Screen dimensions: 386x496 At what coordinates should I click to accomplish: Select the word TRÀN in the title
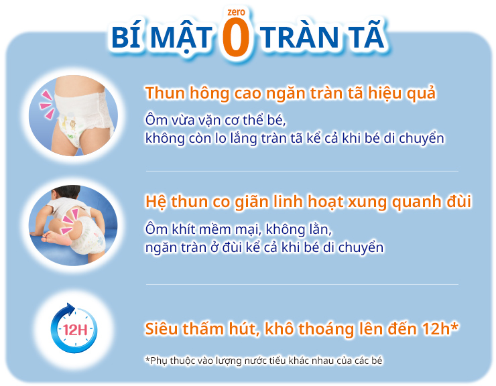[x=303, y=38]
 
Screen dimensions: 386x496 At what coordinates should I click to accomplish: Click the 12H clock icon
[x=73, y=329]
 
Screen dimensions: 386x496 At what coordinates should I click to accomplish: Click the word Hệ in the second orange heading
[x=156, y=202]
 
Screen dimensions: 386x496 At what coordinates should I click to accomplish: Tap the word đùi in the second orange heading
[x=456, y=202]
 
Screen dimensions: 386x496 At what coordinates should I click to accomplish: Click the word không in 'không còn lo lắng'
[x=164, y=139]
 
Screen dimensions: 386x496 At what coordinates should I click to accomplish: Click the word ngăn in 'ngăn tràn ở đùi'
[x=161, y=247]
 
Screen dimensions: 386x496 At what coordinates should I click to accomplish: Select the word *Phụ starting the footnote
[x=158, y=361]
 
